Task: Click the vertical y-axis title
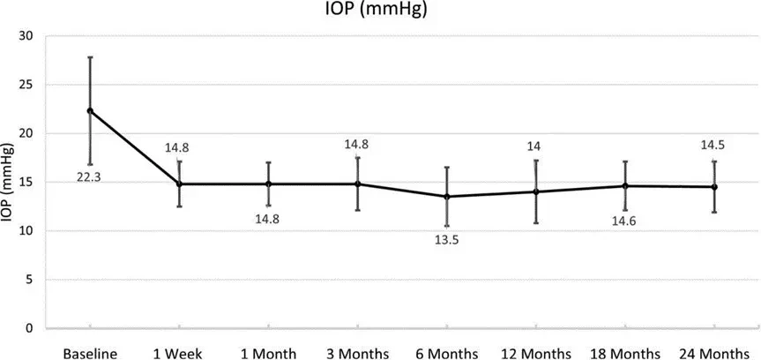pos(8,183)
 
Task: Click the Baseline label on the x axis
pos(90,353)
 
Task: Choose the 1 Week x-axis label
pos(179,353)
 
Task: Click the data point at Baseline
pos(90,111)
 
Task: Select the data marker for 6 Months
pos(447,197)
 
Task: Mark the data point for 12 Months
pos(536,191)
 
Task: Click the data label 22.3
pos(88,177)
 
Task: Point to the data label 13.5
pos(446,240)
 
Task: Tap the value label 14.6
pos(624,221)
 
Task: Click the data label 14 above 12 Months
pos(536,146)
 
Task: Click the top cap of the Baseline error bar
pos(90,57)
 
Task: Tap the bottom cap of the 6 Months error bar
pos(447,226)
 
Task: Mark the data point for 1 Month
pos(268,184)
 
